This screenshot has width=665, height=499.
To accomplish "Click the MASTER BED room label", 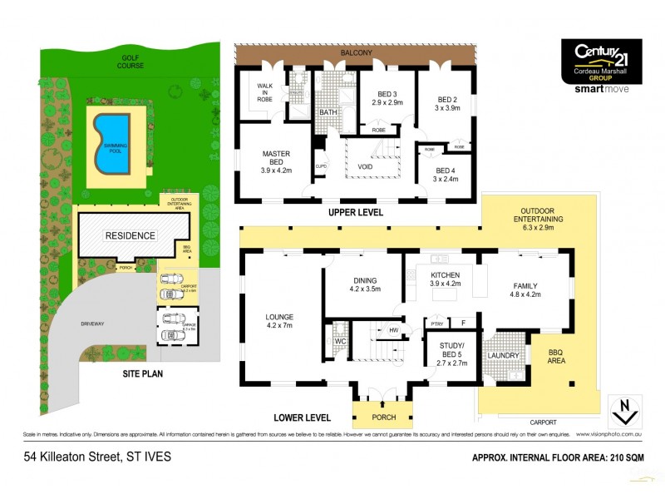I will (275, 160).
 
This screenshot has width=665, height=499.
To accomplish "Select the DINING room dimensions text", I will (364, 290).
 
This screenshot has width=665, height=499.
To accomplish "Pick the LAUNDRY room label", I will (505, 356).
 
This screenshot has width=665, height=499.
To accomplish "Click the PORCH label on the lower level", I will (382, 417).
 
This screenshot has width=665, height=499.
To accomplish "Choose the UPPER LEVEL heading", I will (356, 213).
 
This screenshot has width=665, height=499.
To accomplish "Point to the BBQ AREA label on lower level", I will (556, 358).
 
